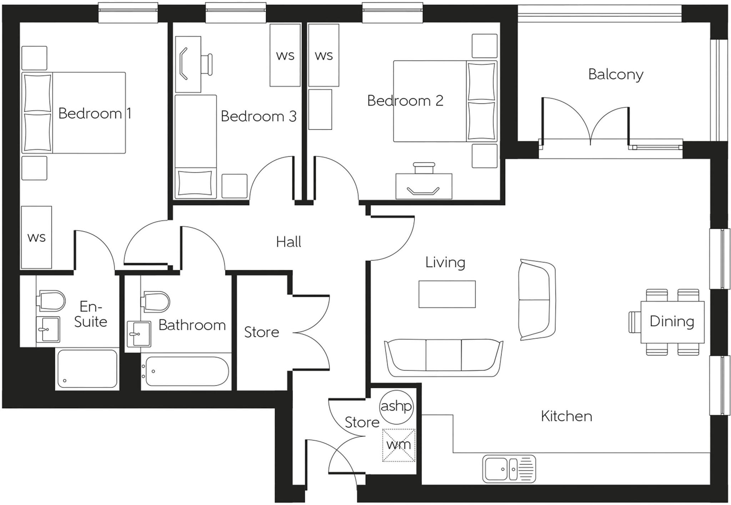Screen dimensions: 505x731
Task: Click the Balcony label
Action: (x=615, y=75)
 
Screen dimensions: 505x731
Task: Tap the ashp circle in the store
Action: (x=396, y=406)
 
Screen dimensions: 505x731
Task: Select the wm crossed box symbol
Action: (x=399, y=445)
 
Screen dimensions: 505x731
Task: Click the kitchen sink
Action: (x=509, y=469)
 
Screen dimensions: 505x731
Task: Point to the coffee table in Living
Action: (x=447, y=294)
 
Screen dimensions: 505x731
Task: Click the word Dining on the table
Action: (x=672, y=322)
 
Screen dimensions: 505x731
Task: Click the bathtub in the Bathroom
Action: (x=187, y=371)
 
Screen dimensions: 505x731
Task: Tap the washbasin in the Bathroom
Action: (x=138, y=334)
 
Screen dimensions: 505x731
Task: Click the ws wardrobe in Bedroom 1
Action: (x=36, y=237)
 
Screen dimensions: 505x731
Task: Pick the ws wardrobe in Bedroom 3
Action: (x=285, y=56)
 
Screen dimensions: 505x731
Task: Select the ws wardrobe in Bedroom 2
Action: (x=323, y=56)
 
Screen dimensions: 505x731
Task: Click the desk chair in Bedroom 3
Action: (x=207, y=65)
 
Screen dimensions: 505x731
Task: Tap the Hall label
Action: (x=288, y=242)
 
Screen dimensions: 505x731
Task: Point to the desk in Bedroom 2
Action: (x=424, y=187)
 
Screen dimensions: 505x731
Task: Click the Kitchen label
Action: (x=566, y=416)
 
